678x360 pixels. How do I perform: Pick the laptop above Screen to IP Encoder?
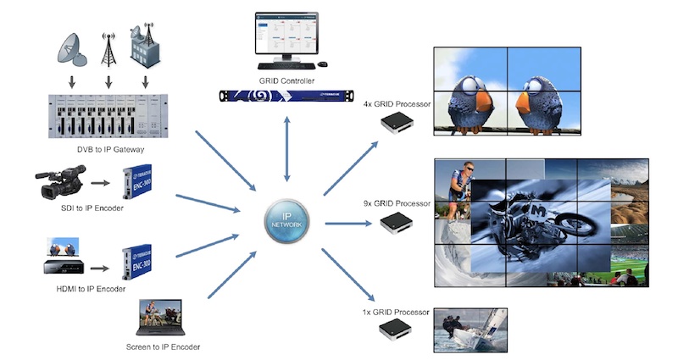coord(161,317)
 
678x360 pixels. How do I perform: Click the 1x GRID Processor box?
coord(395,328)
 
